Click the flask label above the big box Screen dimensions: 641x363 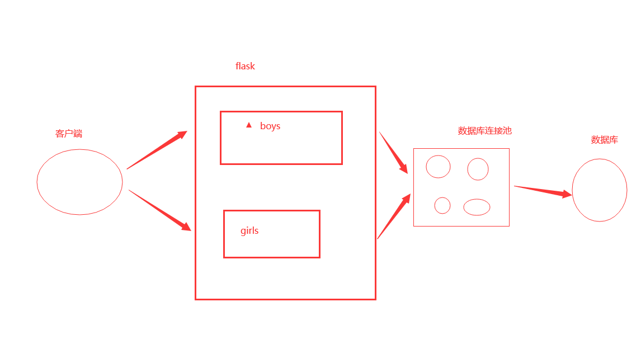tap(245, 66)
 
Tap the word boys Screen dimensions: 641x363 tap(270, 126)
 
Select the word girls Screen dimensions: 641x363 tap(249, 230)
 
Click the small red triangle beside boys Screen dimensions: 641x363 tap(249, 125)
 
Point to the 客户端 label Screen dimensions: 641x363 tap(69, 134)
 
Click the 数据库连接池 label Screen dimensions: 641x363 tap(484, 130)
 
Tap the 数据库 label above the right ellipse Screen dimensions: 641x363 tap(604, 140)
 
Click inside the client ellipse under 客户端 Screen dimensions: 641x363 tap(79, 182)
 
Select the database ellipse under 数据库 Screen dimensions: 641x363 tap(599, 190)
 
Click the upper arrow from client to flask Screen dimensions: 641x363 tap(157, 150)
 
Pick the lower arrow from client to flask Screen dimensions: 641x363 tap(160, 210)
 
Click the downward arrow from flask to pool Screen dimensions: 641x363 tap(393, 152)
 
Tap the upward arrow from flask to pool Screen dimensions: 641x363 tap(394, 216)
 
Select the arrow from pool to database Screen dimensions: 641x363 tap(543, 191)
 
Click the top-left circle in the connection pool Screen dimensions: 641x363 tap(438, 167)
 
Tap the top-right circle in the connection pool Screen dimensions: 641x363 tap(478, 169)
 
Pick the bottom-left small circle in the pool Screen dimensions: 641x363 tap(442, 205)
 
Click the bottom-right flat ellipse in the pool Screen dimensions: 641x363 tap(477, 207)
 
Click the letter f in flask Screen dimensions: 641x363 tap(237, 66)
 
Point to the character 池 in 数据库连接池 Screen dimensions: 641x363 tap(507, 130)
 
